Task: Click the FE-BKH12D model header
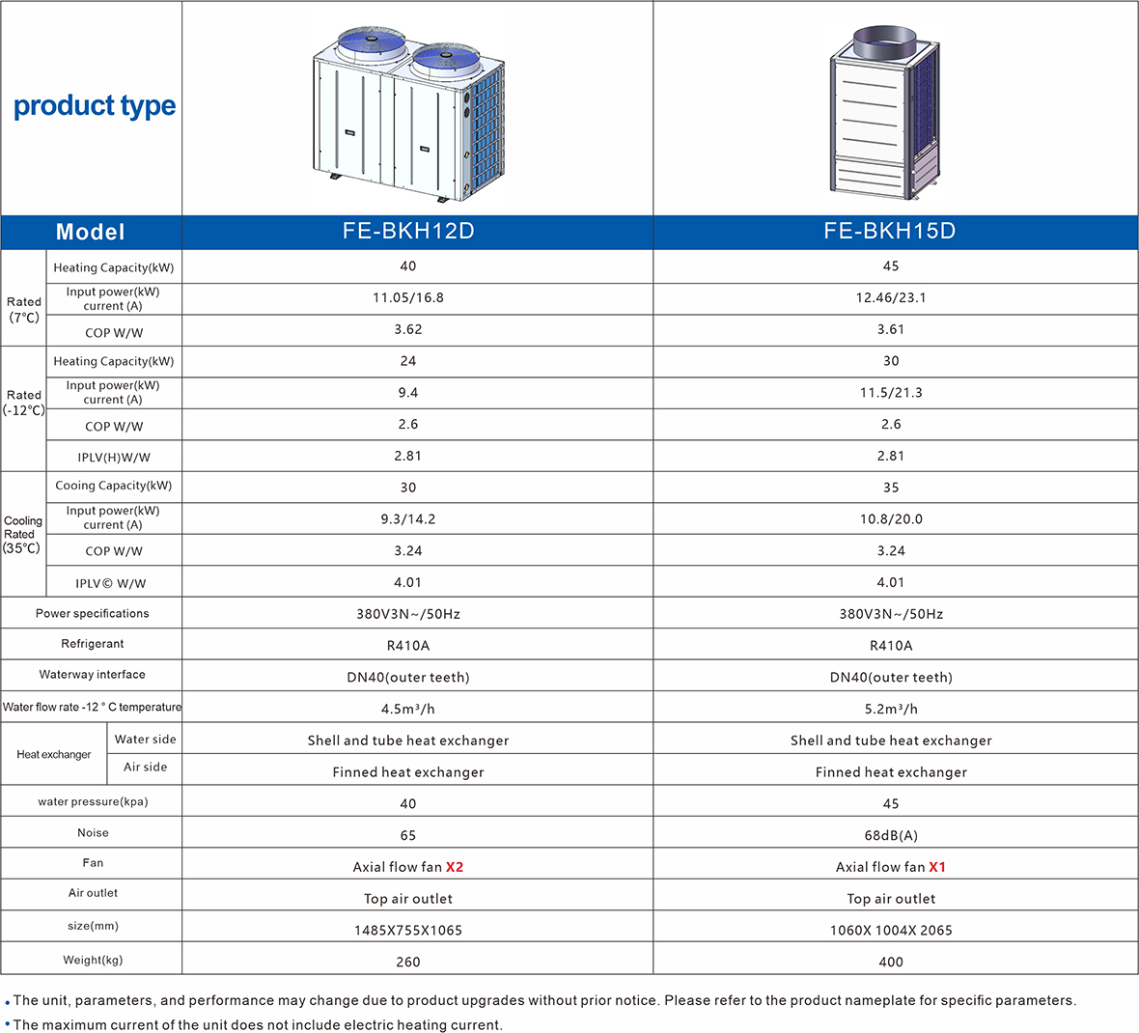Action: coord(408,231)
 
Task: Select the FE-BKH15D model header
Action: coord(889,231)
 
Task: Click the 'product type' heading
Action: coord(95,105)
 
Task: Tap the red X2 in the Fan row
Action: coord(455,867)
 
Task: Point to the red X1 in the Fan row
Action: coord(937,867)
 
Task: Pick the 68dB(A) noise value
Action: coord(891,835)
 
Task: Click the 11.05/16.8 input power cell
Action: coord(408,297)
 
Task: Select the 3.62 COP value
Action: coord(408,329)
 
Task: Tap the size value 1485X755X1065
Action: coord(408,930)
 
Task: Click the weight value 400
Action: coord(891,962)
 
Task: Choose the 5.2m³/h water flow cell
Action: coord(891,709)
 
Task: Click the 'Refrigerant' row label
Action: coord(93,644)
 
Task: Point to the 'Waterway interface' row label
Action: coord(93,675)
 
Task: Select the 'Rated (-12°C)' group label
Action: coord(24,403)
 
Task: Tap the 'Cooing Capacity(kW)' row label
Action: coord(114,486)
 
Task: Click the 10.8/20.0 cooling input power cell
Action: coord(891,519)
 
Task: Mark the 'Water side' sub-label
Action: coord(145,740)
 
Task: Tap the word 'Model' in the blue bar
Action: coord(91,232)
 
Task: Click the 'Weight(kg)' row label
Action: coord(93,960)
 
